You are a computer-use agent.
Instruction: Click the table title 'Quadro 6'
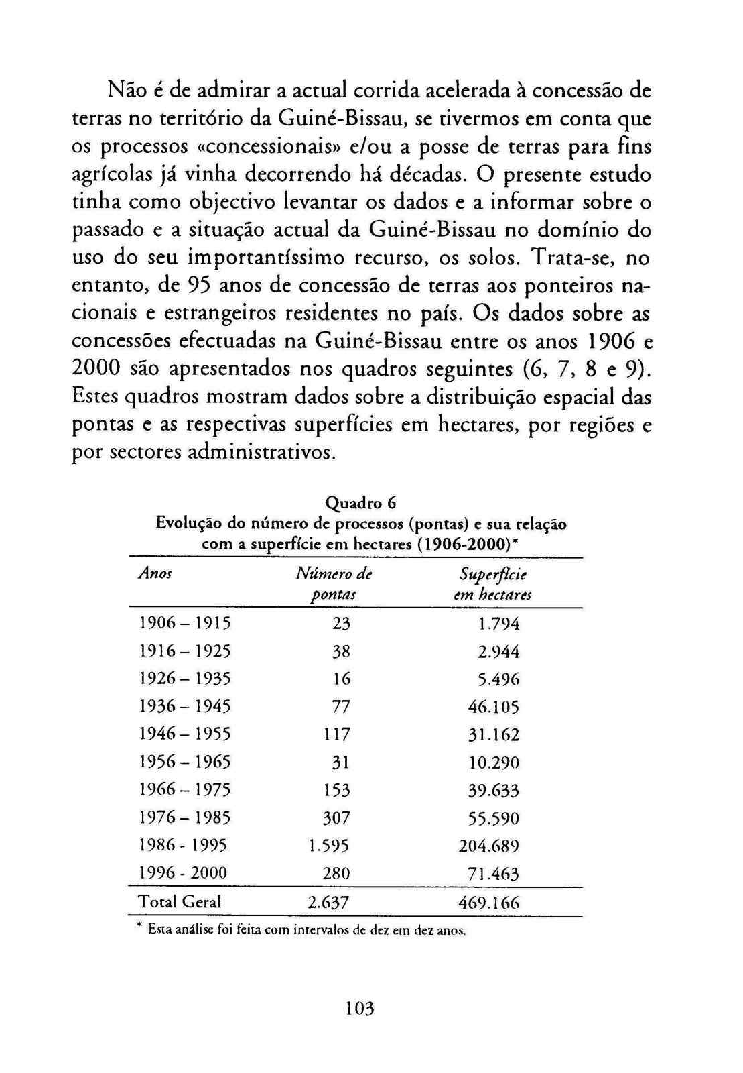coord(361,502)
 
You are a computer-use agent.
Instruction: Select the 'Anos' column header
coord(155,573)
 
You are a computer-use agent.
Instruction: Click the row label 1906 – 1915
coord(184,624)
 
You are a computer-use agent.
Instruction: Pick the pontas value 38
coord(342,651)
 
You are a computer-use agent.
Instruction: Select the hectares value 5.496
coord(499,679)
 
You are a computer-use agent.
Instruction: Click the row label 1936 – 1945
coord(184,707)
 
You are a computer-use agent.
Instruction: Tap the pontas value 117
coord(337,734)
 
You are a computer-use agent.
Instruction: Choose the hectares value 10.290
coord(494,763)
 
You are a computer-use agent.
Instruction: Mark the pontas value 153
coord(337,790)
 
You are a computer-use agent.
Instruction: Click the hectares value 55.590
coord(494,818)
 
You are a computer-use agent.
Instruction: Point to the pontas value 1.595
coord(328,846)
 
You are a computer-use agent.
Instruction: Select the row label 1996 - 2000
coord(182,873)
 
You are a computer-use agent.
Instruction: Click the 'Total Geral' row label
coord(179,902)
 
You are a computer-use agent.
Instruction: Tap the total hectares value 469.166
coord(489,903)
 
